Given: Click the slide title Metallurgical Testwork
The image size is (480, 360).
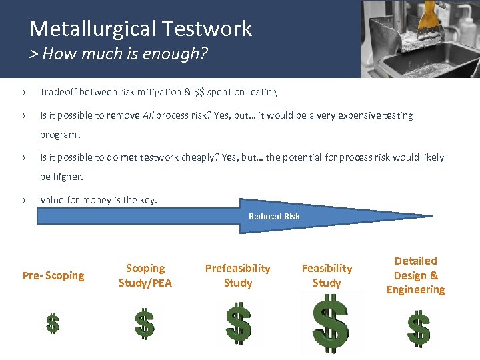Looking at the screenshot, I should point(141,29).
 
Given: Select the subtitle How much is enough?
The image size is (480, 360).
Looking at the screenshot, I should point(119,53).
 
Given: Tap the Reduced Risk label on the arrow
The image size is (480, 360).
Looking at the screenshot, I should point(274,216).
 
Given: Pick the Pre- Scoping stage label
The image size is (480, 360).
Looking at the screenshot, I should point(53,275).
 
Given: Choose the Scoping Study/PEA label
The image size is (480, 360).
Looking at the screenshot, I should point(145,275).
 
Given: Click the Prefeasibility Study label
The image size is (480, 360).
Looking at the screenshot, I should point(237,275).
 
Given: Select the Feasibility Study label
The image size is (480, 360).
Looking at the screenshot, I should point(327,275).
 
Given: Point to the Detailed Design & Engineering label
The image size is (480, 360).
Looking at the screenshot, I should point(415,275).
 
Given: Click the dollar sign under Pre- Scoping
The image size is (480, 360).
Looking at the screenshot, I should point(53,323).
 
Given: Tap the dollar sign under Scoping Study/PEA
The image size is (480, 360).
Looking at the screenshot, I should point(145,324).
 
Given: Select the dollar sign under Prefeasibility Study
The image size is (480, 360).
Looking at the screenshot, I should point(238,323).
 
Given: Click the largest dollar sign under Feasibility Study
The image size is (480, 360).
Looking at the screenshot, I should point(331,324).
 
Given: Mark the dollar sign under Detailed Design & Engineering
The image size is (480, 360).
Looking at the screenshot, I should point(418,327).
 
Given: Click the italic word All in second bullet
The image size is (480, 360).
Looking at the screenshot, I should point(149,115).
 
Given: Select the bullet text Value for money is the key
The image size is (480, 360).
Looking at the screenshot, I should point(99,199).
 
